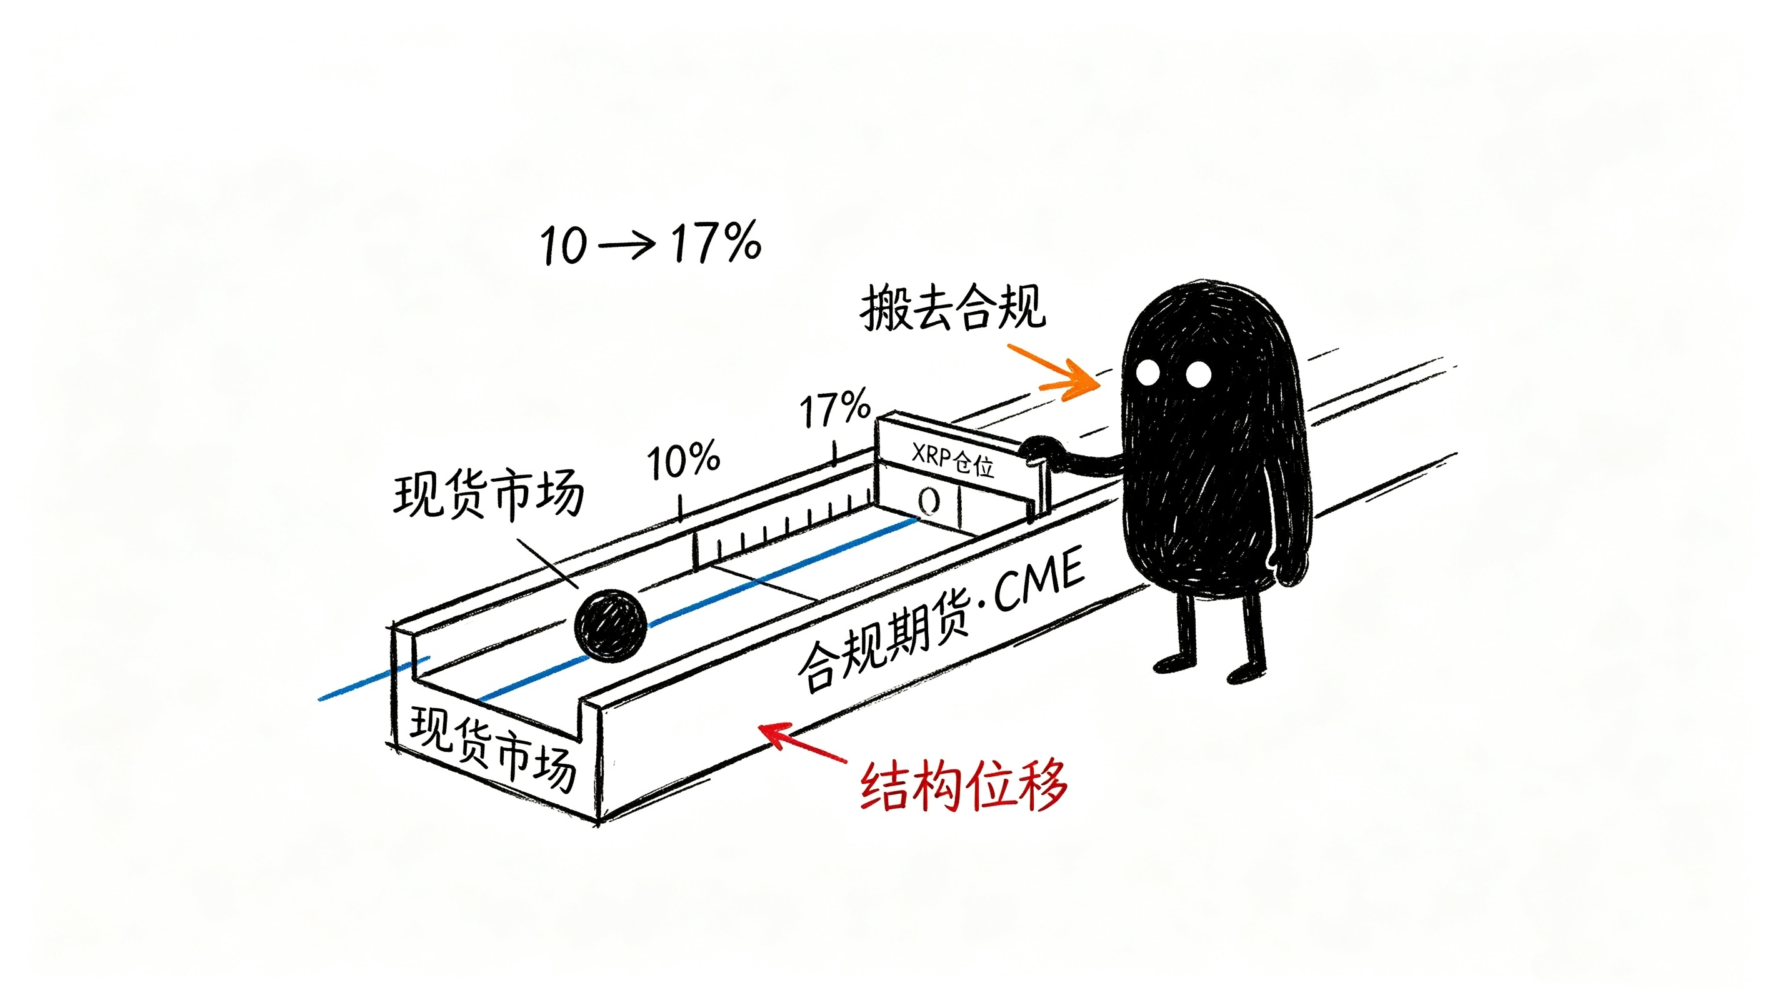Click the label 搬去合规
click(x=954, y=307)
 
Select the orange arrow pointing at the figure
click(x=1054, y=372)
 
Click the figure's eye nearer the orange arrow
click(x=1148, y=372)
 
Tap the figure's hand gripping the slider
click(x=1038, y=450)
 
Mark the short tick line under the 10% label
click(x=681, y=508)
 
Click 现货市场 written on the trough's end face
click(x=492, y=749)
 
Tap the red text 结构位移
click(x=964, y=786)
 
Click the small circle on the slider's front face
click(x=929, y=501)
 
